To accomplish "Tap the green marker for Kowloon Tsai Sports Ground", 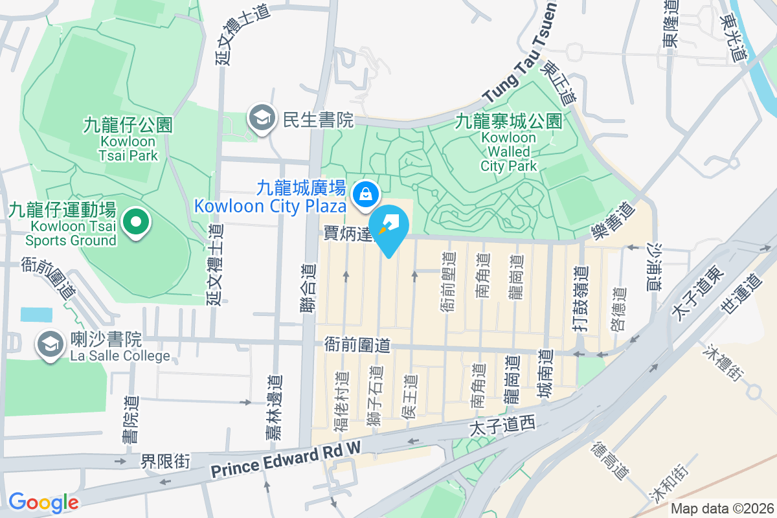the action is tap(135, 223).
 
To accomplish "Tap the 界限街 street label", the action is tap(166, 461).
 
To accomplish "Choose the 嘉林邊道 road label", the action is tap(274, 408).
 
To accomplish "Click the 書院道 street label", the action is tap(131, 420).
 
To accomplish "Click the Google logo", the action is tap(43, 502).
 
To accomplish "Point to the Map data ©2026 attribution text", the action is tap(722, 509).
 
